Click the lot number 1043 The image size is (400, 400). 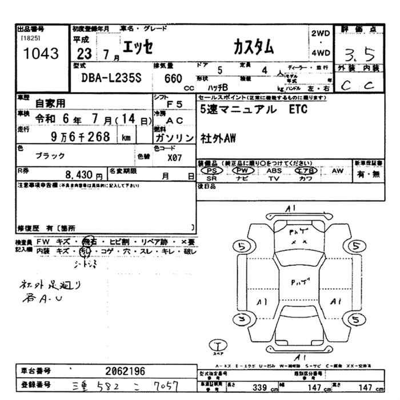pos(38,54)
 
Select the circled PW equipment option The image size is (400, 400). pos(243,170)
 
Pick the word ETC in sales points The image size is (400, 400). pos(296,110)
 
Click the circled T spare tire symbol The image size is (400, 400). pos(219,345)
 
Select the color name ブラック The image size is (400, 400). pos(50,155)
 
